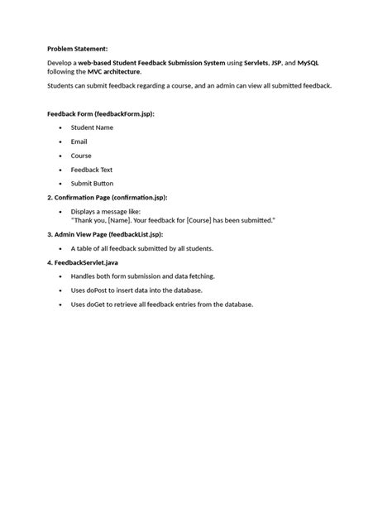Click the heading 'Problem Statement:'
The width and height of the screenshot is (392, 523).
pyautogui.click(x=77, y=49)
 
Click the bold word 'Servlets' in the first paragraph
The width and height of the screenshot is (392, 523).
pyautogui.click(x=260, y=63)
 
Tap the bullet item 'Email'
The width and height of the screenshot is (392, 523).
pyautogui.click(x=79, y=142)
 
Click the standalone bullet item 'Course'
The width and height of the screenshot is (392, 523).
pyautogui.click(x=81, y=156)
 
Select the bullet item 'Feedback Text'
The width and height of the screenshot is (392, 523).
pyautogui.click(x=91, y=170)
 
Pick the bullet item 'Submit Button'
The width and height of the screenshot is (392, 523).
pyautogui.click(x=92, y=183)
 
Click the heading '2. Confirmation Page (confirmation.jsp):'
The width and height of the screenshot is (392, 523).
pyautogui.click(x=108, y=198)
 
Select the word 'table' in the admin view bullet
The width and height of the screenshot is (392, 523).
pyautogui.click(x=85, y=248)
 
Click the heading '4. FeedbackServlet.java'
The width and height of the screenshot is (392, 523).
pyautogui.click(x=83, y=262)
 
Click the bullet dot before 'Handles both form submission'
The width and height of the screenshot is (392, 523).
pyautogui.click(x=60, y=276)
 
